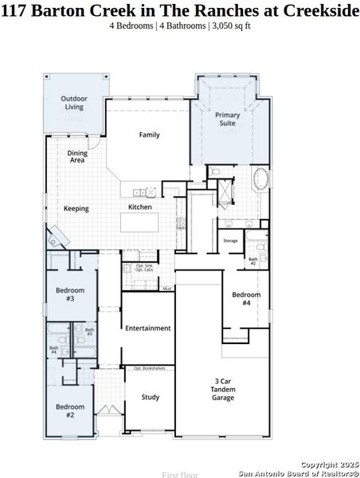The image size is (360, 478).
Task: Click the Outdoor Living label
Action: click(74, 103)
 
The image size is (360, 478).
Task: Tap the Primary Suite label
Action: click(228, 119)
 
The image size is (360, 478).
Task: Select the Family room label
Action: click(149, 135)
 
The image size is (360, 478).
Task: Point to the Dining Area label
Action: click(77, 156)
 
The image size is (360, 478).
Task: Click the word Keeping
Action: click(76, 209)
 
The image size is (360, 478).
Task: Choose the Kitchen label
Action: click(140, 207)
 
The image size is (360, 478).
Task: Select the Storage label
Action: click(230, 240)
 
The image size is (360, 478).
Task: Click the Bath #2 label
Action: click(252, 261)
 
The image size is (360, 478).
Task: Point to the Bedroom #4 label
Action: click(246, 299)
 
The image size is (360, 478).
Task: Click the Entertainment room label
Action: click(147, 327)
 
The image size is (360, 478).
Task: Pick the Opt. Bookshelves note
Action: click(149, 368)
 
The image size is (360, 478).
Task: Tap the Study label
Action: click(150, 397)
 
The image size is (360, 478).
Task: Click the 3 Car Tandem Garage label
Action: click(223, 388)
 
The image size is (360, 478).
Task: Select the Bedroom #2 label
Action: click(65, 411)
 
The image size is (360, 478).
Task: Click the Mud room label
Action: click(166, 288)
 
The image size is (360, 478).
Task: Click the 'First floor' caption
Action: click(180, 474)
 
